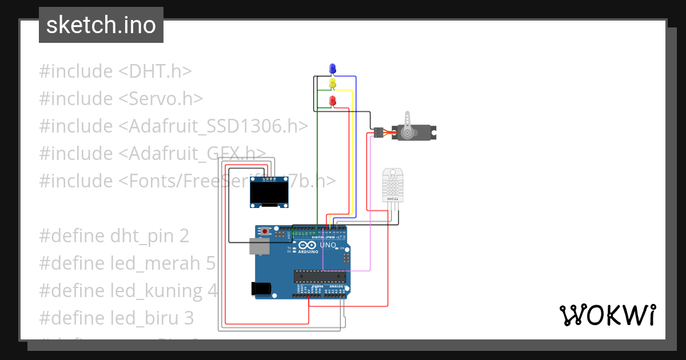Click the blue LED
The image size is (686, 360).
coord(333,69)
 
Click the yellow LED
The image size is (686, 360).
coord(333,84)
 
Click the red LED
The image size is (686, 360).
coord(333,101)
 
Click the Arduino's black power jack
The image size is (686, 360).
coord(262,289)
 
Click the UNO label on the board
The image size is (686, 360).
coord(328,245)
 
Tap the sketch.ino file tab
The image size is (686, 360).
coord(101,25)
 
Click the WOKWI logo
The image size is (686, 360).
coord(607,315)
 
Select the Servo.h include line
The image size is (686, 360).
coord(121,99)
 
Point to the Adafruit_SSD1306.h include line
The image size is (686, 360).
coord(174,126)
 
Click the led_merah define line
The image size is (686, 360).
coord(127,263)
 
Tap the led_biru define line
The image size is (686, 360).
coord(117,318)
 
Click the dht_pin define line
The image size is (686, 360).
coord(114,236)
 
